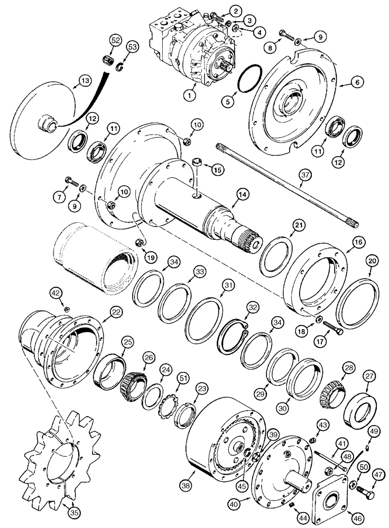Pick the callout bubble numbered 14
tap(240, 195)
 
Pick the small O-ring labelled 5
tap(249, 83)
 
